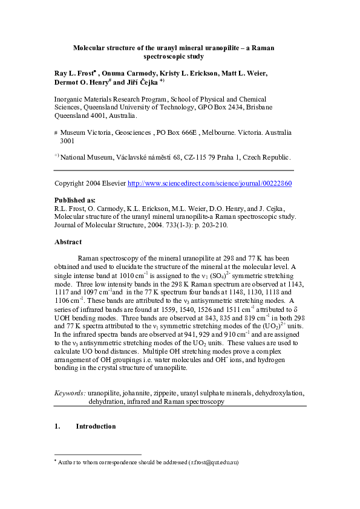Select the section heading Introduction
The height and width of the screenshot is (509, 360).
[96, 426]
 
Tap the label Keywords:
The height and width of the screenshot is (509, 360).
[70, 392]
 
